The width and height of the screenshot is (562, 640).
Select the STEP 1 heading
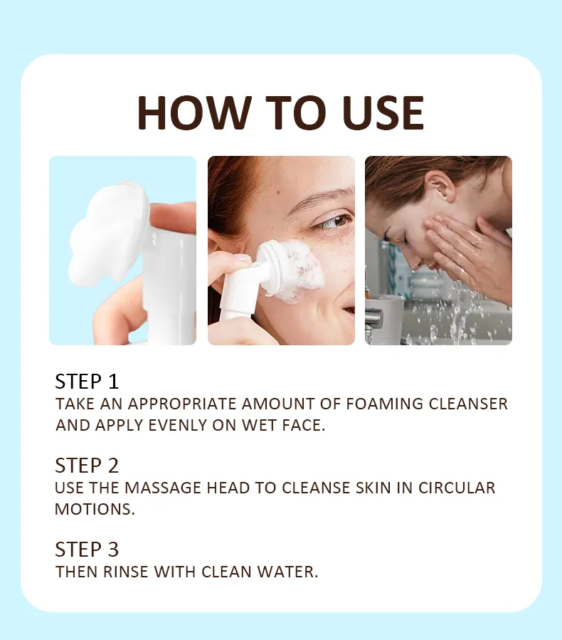point(87,381)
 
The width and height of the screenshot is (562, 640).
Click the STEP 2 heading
point(87,466)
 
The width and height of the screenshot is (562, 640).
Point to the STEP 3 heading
point(87,550)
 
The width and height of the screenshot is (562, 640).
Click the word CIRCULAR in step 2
point(457,488)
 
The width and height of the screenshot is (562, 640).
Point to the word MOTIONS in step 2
point(94,510)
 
